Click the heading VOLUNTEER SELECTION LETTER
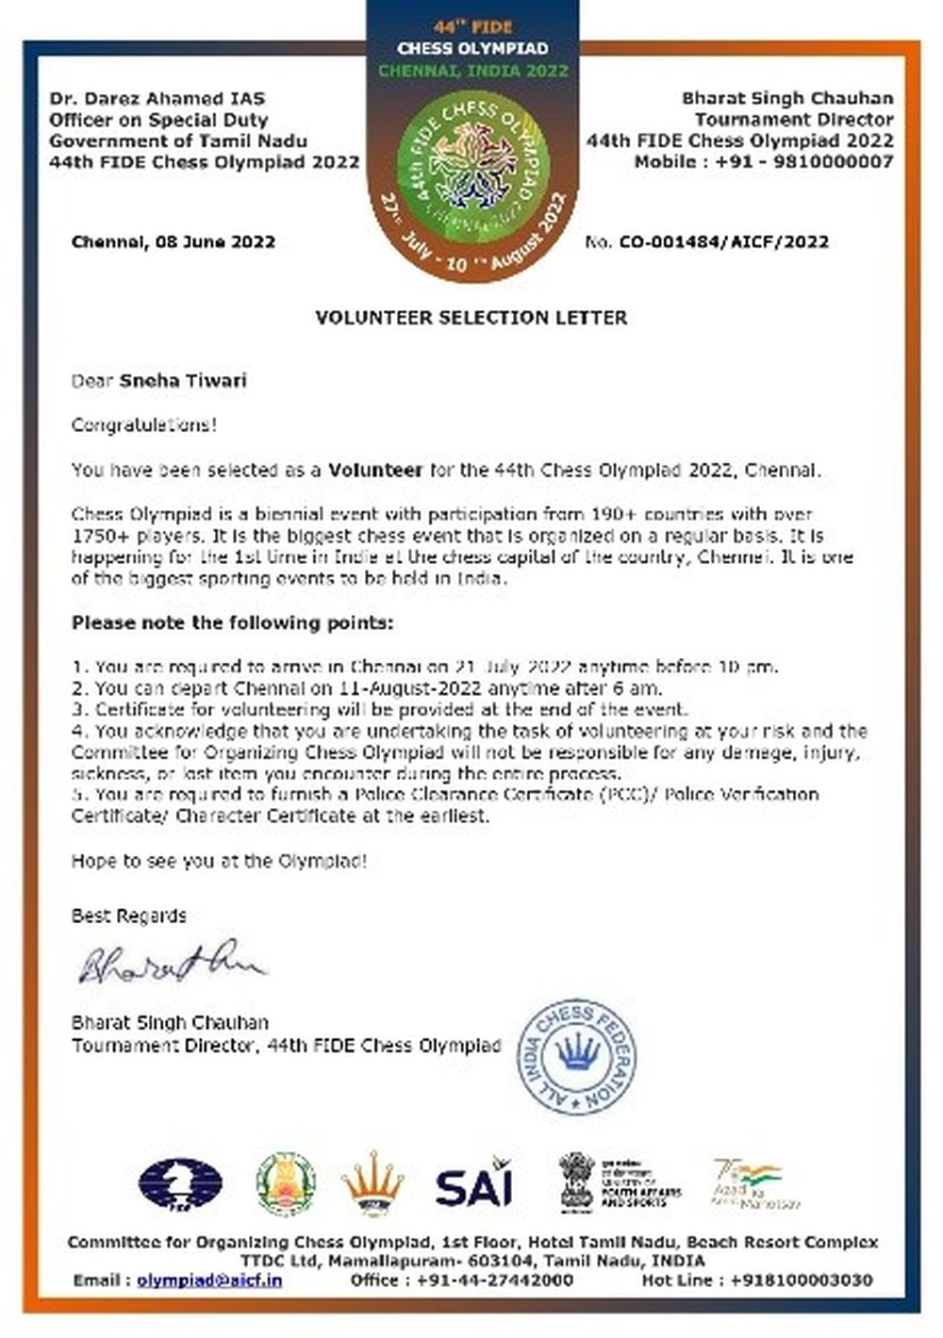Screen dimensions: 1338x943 (471, 318)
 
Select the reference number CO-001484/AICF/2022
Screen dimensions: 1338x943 (723, 242)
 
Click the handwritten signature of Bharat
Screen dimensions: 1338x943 (171, 965)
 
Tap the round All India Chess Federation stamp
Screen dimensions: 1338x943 (578, 1055)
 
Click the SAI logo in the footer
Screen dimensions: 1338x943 (473, 1185)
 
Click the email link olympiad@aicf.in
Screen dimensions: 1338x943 (209, 1280)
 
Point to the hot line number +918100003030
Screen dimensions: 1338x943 (801, 1280)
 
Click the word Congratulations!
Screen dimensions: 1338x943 (144, 424)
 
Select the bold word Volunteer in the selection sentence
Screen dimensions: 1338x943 (374, 469)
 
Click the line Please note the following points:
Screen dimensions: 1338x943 (232, 623)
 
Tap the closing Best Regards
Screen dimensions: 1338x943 (129, 915)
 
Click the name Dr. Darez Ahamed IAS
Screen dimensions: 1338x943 (157, 98)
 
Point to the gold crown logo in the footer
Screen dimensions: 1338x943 (372, 1185)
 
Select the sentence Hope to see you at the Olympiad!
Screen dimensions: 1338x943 (220, 860)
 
